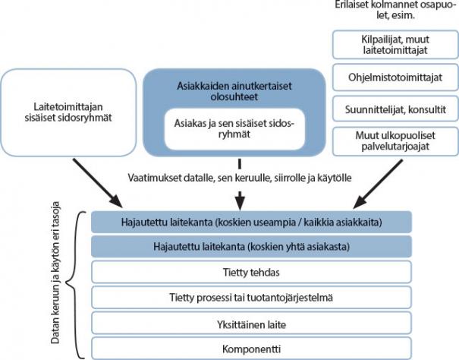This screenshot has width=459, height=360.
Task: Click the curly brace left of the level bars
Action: (x=74, y=284)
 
